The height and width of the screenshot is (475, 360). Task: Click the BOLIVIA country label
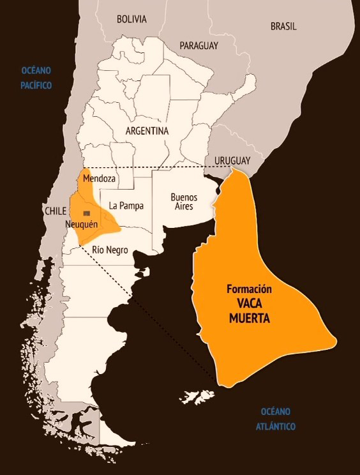[x=131, y=19]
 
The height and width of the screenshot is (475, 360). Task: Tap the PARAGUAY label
[x=199, y=45]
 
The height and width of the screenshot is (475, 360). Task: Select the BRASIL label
[x=283, y=26]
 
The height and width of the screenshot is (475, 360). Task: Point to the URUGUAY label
[x=232, y=160]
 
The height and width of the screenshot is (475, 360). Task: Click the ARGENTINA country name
[x=147, y=130]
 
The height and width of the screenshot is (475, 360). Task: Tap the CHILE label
[x=56, y=211]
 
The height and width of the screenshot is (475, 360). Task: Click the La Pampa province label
[x=126, y=206]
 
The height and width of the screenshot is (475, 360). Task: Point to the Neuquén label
[x=81, y=225]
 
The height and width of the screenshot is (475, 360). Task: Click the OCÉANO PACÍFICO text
[x=36, y=77]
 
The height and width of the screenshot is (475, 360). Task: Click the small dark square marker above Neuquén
[x=87, y=213]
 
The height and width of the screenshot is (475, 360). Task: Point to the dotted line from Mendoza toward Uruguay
[x=160, y=167]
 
